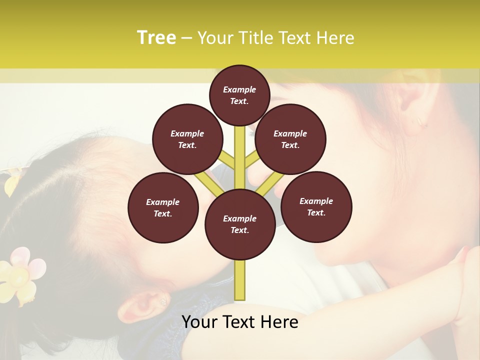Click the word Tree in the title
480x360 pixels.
point(156,38)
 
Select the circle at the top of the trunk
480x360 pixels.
point(239,95)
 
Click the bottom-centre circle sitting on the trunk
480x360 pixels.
point(240,224)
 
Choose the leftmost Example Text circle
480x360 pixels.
point(163,207)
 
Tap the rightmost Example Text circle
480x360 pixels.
point(316,206)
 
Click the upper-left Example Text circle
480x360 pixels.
point(187,139)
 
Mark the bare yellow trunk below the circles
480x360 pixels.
point(239,280)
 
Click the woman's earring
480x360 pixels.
point(419,121)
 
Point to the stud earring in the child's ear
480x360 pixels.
point(162,301)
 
